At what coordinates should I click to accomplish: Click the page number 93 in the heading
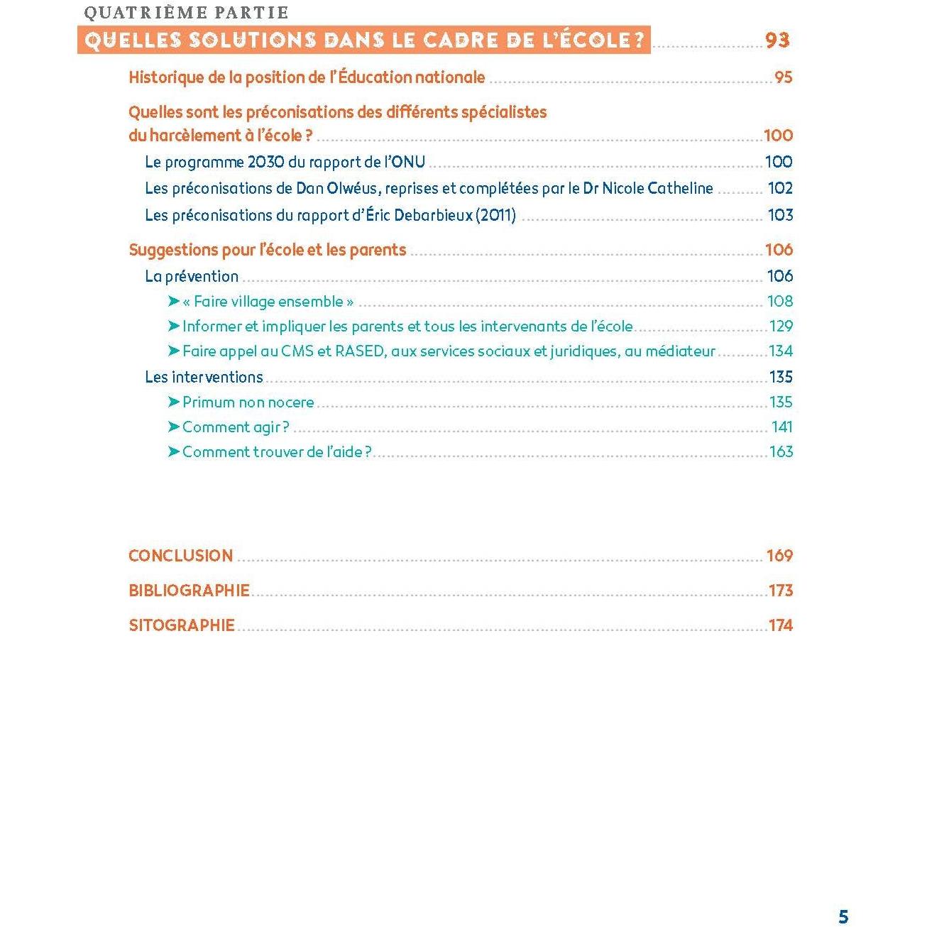777,40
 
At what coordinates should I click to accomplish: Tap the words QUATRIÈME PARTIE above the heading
186,13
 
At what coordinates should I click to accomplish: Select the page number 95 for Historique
783,77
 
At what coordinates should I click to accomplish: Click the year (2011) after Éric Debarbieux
496,215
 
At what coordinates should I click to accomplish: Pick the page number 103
780,215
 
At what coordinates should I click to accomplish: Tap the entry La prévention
192,276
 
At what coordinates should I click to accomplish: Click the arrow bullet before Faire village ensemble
174,302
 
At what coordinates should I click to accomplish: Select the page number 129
781,327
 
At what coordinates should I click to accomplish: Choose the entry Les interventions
204,377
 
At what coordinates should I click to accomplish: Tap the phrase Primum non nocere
248,402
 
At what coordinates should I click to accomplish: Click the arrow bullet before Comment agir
174,427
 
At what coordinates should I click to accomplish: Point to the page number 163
781,452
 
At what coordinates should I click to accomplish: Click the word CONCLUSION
180,556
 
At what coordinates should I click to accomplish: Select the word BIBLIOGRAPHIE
189,591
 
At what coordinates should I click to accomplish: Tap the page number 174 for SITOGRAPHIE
780,625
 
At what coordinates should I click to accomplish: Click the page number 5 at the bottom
843,916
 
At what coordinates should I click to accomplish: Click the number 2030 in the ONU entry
266,162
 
